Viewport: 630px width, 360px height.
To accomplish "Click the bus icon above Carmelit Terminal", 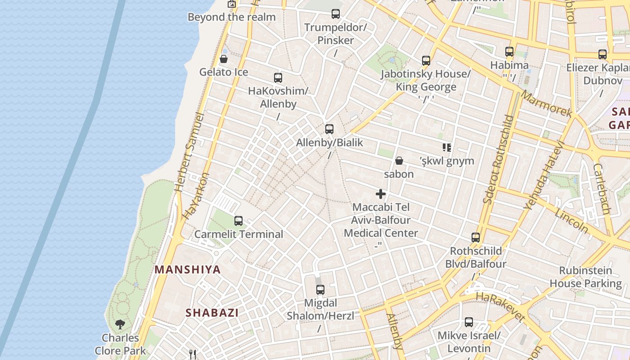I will pyautogui.click(x=238, y=221).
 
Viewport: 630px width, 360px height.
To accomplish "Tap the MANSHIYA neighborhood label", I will pyautogui.click(x=188, y=270).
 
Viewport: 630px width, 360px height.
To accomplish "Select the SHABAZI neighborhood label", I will pyautogui.click(x=212, y=313).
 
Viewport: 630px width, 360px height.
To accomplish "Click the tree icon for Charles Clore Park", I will pyautogui.click(x=120, y=324).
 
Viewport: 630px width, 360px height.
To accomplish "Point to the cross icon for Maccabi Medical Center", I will pyautogui.click(x=381, y=194).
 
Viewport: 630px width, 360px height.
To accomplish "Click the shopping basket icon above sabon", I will pyautogui.click(x=399, y=161).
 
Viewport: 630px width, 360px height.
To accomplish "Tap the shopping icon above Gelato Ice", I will pyautogui.click(x=224, y=59).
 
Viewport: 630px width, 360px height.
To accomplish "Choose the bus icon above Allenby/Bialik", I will pyautogui.click(x=329, y=129).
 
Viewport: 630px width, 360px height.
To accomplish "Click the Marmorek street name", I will pyautogui.click(x=546, y=104).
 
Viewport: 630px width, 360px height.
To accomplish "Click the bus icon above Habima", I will pyautogui.click(x=509, y=52).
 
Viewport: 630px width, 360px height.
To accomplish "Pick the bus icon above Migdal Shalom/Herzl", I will pyautogui.click(x=320, y=289).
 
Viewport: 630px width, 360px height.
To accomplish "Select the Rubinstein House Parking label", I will pyautogui.click(x=585, y=277).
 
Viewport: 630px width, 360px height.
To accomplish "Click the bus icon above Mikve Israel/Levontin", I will pyautogui.click(x=469, y=322).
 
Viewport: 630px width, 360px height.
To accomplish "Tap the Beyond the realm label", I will pyautogui.click(x=231, y=17).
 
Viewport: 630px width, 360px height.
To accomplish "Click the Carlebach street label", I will pyautogui.click(x=602, y=189).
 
